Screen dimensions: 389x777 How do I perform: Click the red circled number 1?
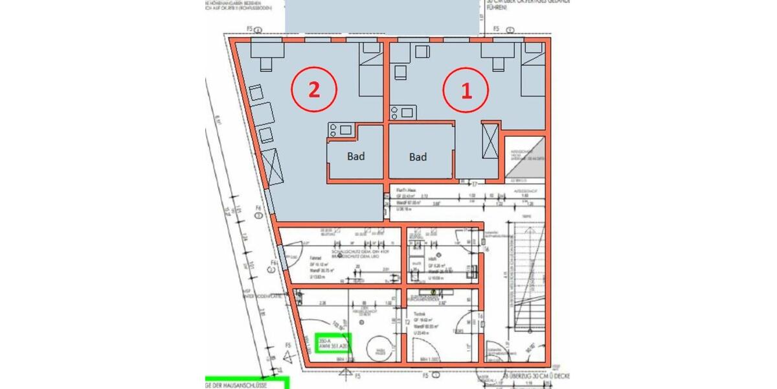pos(466,91)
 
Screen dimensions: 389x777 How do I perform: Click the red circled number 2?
pos(313,90)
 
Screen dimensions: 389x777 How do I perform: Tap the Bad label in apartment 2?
pos(355,156)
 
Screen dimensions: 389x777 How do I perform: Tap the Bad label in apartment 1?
pos(418,157)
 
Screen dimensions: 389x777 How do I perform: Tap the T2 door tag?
pos(407,322)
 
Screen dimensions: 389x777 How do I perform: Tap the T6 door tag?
pos(480,316)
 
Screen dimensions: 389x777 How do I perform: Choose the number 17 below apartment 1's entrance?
pos(474,184)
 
